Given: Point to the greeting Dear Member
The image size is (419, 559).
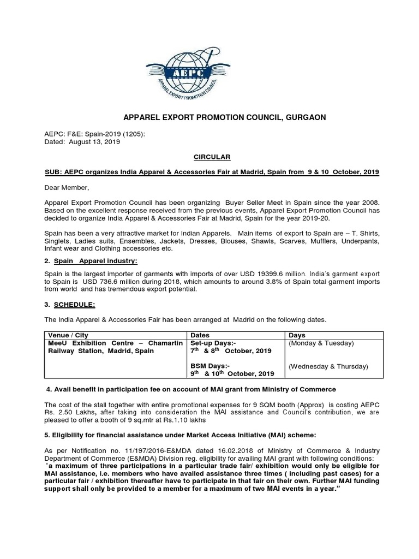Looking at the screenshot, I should pos(64,187).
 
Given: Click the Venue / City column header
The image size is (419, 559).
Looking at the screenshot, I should pos(67,335).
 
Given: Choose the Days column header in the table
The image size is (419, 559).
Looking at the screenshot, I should pos(297,335).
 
